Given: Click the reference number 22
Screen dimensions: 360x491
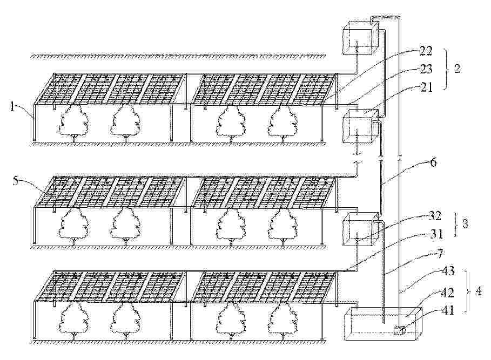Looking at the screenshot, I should pos(426,53).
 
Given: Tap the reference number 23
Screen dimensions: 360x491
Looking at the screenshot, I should pos(426,69).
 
